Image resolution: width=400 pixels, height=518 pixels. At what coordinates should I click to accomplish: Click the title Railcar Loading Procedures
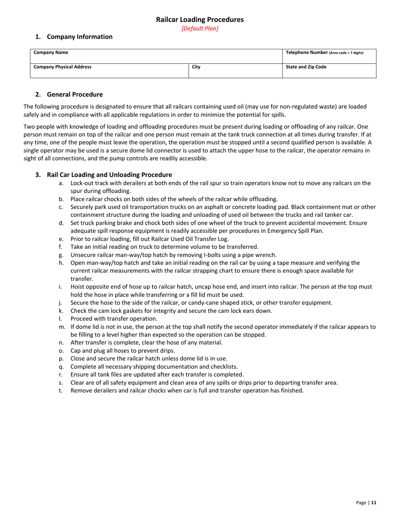point(200,19)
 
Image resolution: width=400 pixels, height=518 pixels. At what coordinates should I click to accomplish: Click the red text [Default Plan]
point(200,29)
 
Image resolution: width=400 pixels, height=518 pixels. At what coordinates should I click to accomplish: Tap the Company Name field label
point(51,53)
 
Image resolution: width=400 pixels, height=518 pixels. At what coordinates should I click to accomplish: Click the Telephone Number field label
point(324,53)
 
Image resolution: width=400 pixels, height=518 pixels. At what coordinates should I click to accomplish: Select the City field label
point(196,67)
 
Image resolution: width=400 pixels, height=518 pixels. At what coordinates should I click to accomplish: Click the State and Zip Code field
point(306,67)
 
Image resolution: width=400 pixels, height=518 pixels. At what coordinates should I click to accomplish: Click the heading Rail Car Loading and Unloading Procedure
point(109,175)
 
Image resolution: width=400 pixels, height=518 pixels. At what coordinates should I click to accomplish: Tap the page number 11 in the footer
point(373,502)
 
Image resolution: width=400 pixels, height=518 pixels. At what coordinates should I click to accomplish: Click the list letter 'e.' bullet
point(61,239)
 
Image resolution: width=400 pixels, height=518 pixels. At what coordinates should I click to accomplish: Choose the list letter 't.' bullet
point(61,390)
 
